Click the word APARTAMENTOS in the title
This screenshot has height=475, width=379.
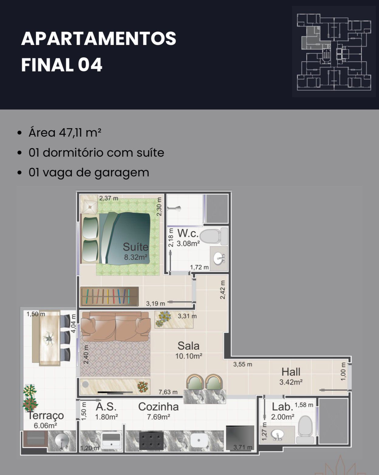pos(98,39)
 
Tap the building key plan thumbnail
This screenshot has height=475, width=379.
pos(334,51)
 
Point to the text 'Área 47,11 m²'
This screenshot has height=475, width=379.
pos(65,133)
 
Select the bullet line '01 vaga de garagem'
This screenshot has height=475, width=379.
pos(89,173)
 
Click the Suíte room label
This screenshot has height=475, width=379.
pos(135,247)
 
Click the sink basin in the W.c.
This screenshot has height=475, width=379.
pos(219,259)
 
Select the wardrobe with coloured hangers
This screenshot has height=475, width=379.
pos(110,297)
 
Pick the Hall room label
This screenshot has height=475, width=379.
pos(291,372)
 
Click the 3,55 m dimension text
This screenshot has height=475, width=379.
pos(243,364)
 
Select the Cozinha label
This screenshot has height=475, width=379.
pos(158,407)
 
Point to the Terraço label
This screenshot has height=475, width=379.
pos(46,416)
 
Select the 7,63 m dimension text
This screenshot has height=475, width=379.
pos(168,392)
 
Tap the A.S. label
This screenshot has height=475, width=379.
pos(106,407)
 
